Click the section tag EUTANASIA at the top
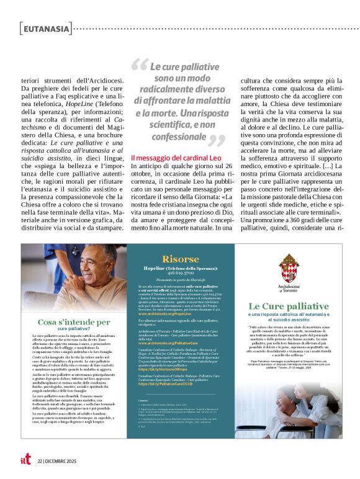point(46,28)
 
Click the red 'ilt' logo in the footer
point(24,460)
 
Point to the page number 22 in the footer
point(40,461)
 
